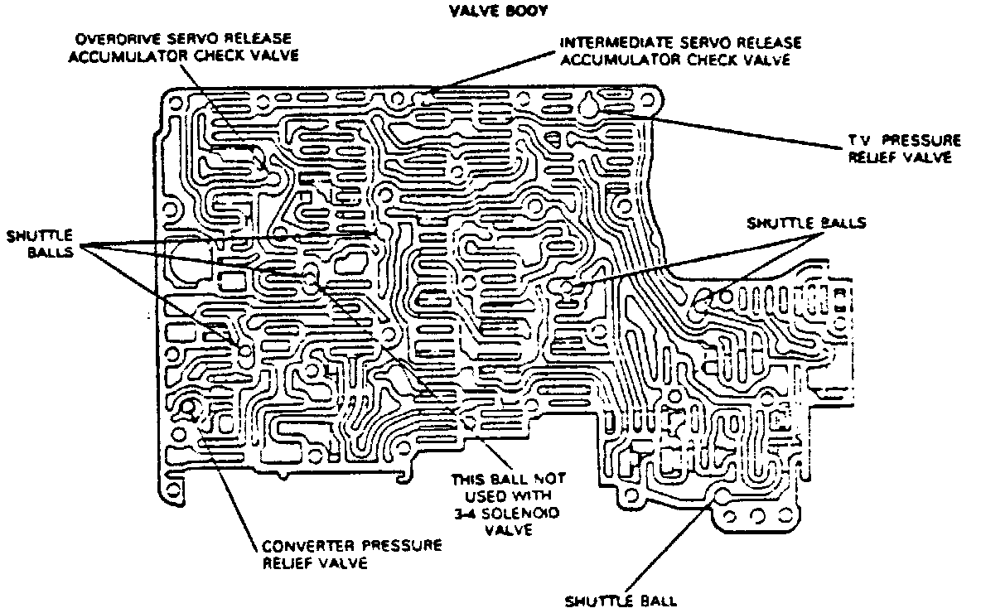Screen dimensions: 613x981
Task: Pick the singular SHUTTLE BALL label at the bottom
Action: (x=621, y=601)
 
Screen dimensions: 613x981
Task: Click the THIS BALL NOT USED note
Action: (x=505, y=504)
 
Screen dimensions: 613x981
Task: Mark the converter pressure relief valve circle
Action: (x=191, y=408)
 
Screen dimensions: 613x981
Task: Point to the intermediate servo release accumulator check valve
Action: (x=428, y=94)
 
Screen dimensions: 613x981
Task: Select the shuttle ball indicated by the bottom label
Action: (x=722, y=497)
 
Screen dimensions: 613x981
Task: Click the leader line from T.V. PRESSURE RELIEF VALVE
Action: (x=746, y=133)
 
